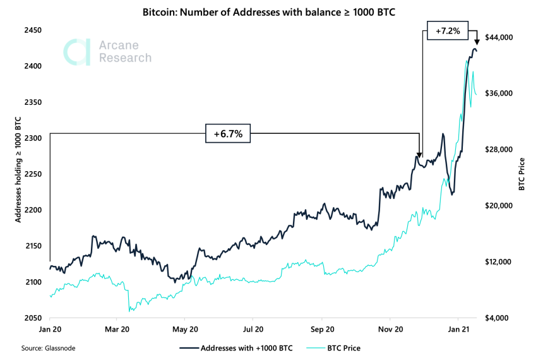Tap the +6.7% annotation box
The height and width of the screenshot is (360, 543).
click(228, 133)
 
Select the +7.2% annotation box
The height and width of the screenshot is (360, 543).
click(448, 30)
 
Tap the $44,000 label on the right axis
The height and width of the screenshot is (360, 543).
click(498, 38)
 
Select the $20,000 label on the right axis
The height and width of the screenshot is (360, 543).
click(498, 206)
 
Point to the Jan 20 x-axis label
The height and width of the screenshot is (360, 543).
click(50, 329)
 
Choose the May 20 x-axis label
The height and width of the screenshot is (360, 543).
click(184, 329)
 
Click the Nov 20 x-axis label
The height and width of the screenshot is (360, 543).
click(390, 329)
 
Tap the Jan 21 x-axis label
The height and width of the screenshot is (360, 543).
click(458, 329)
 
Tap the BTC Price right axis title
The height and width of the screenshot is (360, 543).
click(522, 174)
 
